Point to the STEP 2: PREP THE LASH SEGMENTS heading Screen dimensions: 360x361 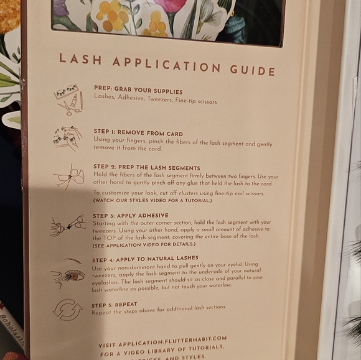pyautogui.click(x=147, y=168)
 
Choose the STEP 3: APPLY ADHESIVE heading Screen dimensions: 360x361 pyautogui.click(x=131, y=215)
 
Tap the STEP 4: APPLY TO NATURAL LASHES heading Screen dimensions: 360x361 pyautogui.click(x=145, y=258)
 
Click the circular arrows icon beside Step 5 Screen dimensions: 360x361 pyautogui.click(x=67, y=309)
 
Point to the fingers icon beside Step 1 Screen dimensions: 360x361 pyautogui.click(x=67, y=138)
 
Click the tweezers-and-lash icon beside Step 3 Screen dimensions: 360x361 pyautogui.click(x=67, y=225)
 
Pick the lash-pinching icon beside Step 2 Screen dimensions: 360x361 pyautogui.click(x=68, y=178)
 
